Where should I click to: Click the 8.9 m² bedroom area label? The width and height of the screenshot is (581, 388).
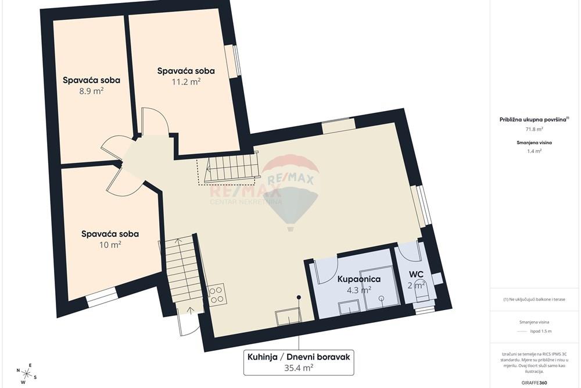point(91,91)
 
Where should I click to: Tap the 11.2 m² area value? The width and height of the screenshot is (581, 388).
point(186,81)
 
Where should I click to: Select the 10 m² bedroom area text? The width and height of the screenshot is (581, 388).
point(110,244)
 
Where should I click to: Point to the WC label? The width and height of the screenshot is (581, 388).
point(416,275)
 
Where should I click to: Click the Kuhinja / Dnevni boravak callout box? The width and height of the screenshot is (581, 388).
point(299,362)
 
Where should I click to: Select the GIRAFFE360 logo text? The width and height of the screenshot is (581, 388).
point(534,382)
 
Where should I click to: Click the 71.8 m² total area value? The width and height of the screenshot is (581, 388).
point(534,130)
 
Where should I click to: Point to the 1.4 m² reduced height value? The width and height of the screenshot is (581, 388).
point(534,151)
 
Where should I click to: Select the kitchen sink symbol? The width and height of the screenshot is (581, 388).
point(288,318)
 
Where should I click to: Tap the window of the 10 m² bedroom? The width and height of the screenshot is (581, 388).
point(102,297)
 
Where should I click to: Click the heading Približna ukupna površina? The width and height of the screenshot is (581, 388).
point(534,119)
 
